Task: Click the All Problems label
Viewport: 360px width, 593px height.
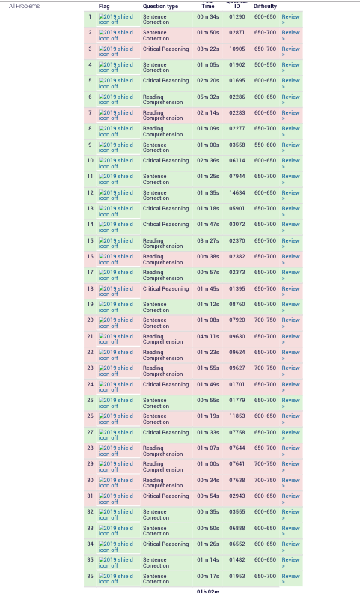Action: click(x=24, y=6)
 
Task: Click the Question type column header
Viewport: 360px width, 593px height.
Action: click(x=160, y=7)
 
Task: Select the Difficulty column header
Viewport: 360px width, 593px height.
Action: click(x=265, y=7)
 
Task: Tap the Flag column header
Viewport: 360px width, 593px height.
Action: click(x=104, y=7)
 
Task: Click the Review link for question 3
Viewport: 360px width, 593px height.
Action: click(x=290, y=49)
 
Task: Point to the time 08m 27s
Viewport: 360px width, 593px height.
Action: click(x=208, y=241)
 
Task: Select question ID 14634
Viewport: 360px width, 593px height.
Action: click(x=237, y=193)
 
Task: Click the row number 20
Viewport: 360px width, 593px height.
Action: click(x=90, y=320)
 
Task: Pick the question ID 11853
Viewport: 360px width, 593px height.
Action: click(x=237, y=416)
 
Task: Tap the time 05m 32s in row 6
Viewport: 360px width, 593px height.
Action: click(x=208, y=97)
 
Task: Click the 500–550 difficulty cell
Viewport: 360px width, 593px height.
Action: click(x=265, y=65)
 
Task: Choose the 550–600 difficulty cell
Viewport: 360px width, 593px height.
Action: click(x=265, y=145)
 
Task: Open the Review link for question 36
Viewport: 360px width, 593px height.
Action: click(x=290, y=577)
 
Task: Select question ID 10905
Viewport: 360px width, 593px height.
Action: click(x=237, y=49)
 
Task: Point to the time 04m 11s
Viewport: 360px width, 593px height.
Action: click(x=208, y=337)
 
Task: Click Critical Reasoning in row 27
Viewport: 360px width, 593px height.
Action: click(x=165, y=433)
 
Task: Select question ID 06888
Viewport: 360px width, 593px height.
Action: click(x=237, y=529)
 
